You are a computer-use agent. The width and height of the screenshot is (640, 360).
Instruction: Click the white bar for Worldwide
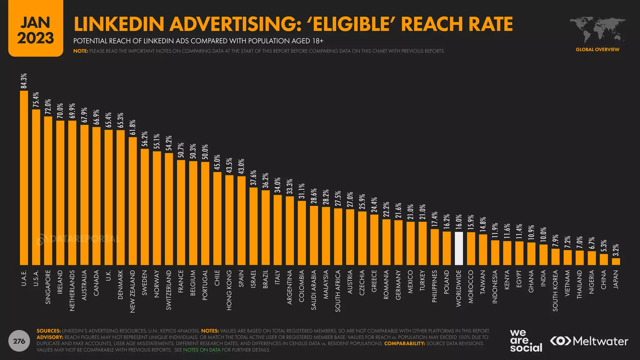coord(459,248)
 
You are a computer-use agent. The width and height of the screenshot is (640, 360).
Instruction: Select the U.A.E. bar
coord(24,178)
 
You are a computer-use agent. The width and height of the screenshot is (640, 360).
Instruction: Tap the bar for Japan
coord(616,262)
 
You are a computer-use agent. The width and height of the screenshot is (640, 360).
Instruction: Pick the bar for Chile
coord(217,218)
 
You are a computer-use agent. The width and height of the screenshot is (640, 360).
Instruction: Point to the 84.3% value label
coord(24,81)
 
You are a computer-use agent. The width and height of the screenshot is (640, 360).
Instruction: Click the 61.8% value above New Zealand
coord(132,127)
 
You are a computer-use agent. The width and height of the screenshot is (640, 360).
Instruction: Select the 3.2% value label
coord(616,250)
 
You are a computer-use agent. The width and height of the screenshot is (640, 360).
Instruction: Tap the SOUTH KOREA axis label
coord(555,290)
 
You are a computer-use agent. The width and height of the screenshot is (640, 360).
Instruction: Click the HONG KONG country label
coord(229,290)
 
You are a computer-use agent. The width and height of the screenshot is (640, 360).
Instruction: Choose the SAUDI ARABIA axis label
coord(314,290)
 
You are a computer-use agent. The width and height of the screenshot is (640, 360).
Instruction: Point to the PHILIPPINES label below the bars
coord(434,286)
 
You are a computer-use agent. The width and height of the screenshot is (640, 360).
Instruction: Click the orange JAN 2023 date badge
coord(36,29)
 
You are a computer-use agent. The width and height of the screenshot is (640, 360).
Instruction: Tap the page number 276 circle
coord(19,341)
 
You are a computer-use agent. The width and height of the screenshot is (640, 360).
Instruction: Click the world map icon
coord(597,30)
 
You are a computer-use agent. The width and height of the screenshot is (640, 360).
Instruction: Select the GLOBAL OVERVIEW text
coord(597,49)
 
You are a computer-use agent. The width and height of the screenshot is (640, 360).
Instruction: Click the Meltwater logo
coord(589,341)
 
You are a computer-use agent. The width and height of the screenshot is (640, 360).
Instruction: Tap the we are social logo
coord(526,341)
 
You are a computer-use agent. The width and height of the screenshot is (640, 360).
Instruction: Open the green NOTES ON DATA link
coord(202,350)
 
